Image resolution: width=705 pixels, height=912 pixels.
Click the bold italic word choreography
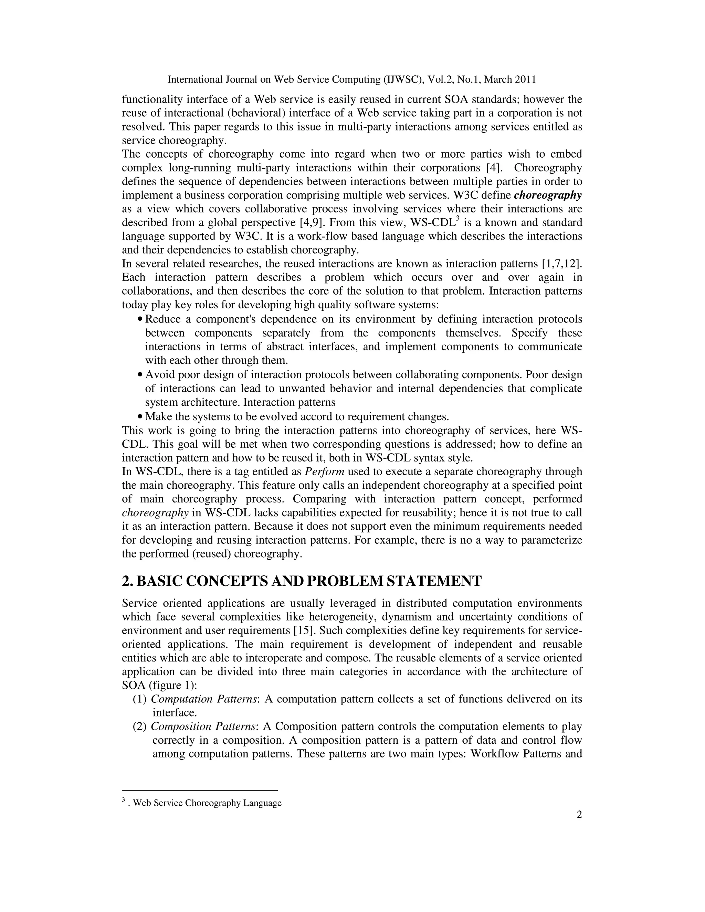pos(548,195)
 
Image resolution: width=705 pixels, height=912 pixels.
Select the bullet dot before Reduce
pos(140,319)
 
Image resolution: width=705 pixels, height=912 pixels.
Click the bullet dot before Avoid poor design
pos(140,375)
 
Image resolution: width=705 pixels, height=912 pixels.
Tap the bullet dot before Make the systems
pos(140,417)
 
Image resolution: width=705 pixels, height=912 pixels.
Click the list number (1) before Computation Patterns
pos(139,699)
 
